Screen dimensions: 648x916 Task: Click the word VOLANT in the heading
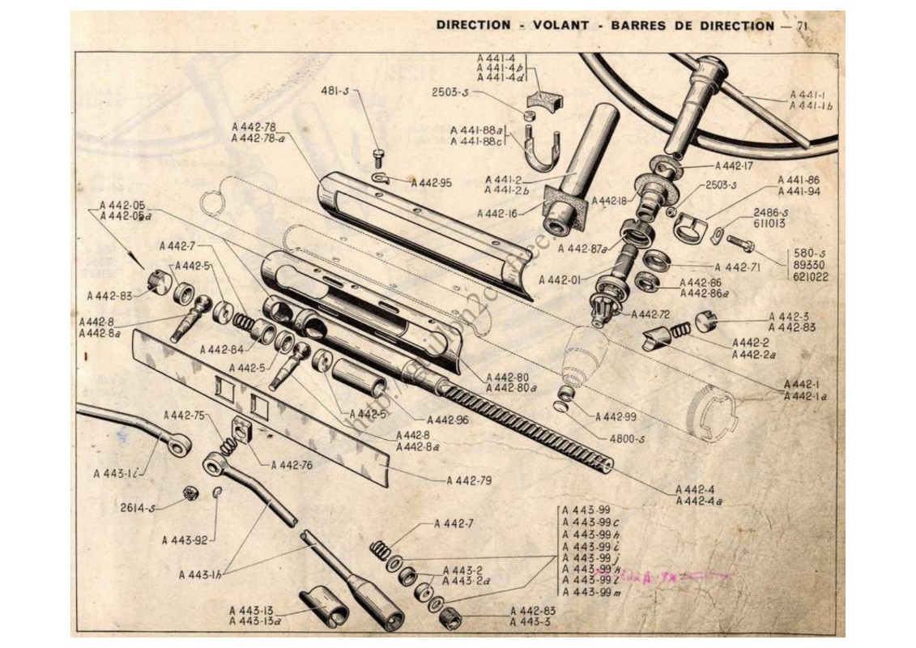point(560,25)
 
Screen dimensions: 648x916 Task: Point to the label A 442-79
point(469,480)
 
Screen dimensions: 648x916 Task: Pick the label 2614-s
point(138,508)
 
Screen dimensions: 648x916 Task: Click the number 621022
point(811,276)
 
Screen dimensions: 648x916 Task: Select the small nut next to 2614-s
point(192,493)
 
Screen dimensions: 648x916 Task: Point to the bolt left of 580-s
point(739,241)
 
